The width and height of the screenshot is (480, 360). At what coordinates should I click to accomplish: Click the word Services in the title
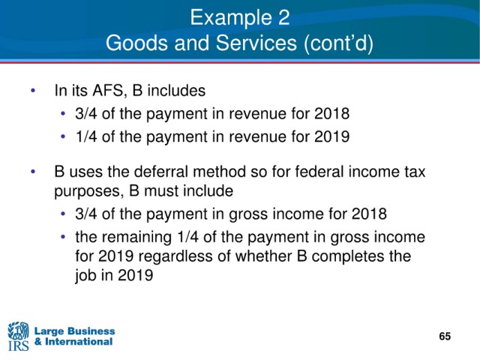point(256,43)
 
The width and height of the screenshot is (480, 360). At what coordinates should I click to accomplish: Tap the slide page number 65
point(445,336)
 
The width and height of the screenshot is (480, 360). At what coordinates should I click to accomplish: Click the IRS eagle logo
point(18,336)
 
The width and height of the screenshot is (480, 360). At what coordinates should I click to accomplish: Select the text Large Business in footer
point(75,331)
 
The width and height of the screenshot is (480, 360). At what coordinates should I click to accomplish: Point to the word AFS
point(108,91)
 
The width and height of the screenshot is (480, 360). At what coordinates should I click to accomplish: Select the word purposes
point(89,192)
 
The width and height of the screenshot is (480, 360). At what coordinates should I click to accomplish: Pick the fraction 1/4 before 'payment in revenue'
point(87,136)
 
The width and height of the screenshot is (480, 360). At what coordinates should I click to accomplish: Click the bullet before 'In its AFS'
point(33,91)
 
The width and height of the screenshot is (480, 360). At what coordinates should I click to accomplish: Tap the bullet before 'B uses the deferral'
point(33,172)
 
